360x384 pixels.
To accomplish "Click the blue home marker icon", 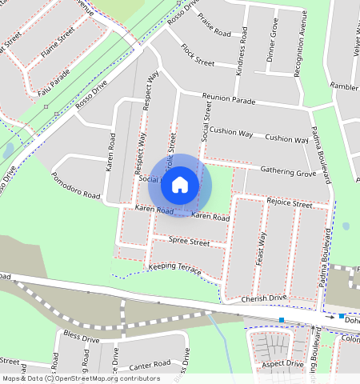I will [x=180, y=184].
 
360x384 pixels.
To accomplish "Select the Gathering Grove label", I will [x=289, y=172].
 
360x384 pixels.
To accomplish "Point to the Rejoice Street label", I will [x=290, y=204].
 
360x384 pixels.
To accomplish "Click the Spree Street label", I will [x=189, y=242].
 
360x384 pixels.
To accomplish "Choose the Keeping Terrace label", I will [x=174, y=268].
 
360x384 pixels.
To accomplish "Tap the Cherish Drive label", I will [x=263, y=298].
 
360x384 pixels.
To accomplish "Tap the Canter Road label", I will [x=145, y=366].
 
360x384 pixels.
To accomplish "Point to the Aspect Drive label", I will [x=282, y=364].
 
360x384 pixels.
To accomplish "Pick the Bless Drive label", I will [x=81, y=339].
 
